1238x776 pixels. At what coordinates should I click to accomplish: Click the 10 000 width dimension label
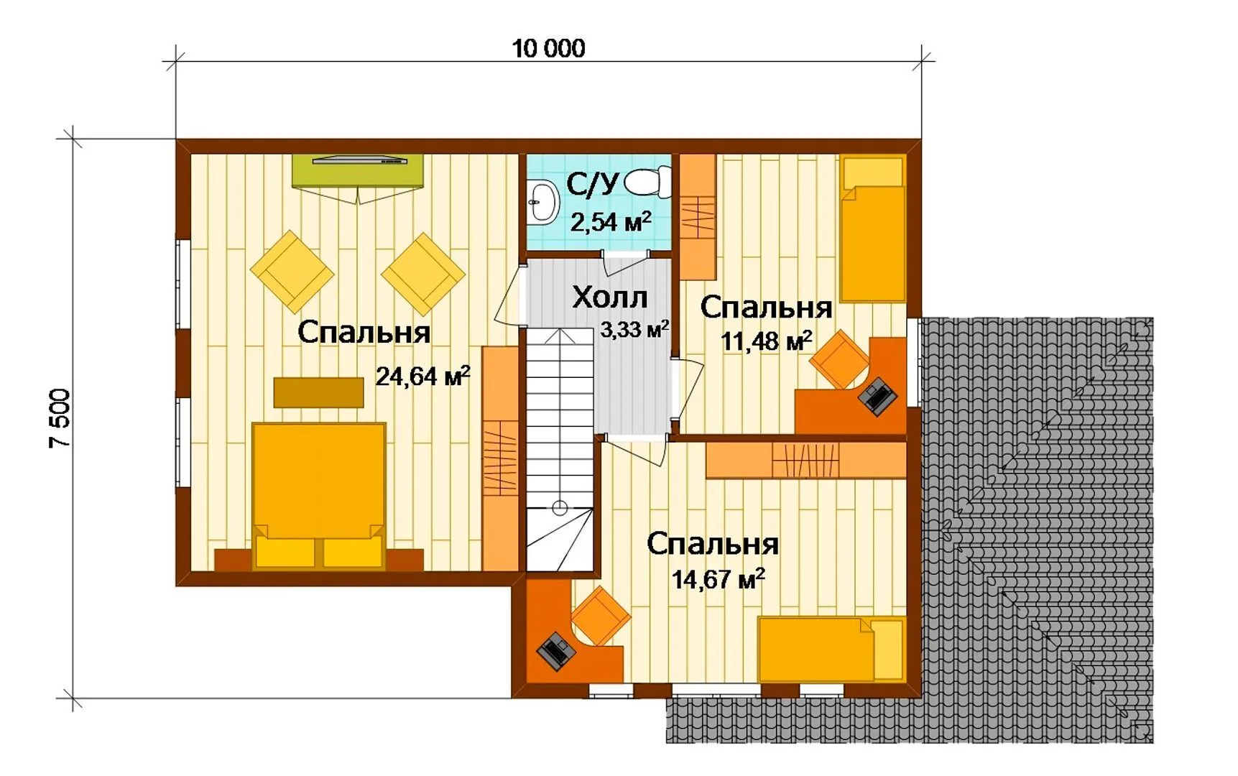pos(548,48)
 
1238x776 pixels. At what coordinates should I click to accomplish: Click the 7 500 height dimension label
pos(60,418)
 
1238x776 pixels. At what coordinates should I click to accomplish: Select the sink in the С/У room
pos(543,201)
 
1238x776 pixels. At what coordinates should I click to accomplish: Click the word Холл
pos(609,297)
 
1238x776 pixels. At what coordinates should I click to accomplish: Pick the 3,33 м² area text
pos(634,330)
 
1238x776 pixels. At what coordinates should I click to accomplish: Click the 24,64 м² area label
pos(422,375)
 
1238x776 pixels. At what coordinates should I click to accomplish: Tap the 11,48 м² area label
pos(766,341)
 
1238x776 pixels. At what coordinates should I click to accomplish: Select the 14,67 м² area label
pos(718,578)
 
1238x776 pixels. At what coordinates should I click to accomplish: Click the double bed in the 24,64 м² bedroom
pos(319,496)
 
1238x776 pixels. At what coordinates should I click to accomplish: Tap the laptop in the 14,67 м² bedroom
pos(555,651)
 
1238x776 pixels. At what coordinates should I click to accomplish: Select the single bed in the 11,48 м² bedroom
pos(872,228)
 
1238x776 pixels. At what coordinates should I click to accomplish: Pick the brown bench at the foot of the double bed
pos(318,392)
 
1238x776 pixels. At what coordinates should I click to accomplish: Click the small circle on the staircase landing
pos(560,509)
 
